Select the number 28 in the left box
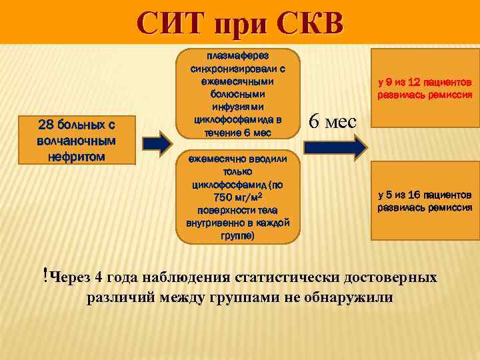pos(45,125)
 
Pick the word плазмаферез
pos(238,55)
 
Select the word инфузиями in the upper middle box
pos(238,107)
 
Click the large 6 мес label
pos(333,121)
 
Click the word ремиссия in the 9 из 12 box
pos(449,95)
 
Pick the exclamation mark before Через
pos(44,274)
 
